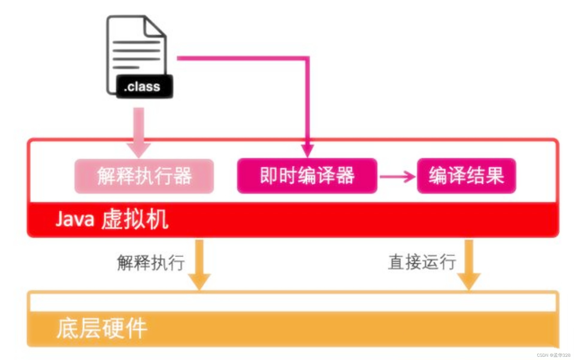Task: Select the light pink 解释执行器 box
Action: tap(144, 176)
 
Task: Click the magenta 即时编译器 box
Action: tap(307, 176)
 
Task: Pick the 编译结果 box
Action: tap(466, 176)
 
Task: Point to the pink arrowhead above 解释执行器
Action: tap(139, 149)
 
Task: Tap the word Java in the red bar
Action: tap(75, 219)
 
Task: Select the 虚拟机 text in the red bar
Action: tap(135, 219)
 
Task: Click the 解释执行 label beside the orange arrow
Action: tap(151, 263)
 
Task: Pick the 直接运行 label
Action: tap(422, 262)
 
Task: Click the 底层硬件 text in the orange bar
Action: tap(102, 329)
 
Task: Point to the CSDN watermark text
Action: tap(553, 355)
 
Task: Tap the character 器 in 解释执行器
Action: tap(182, 176)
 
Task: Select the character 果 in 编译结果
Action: tap(495, 176)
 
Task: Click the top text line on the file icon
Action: tap(136, 42)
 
